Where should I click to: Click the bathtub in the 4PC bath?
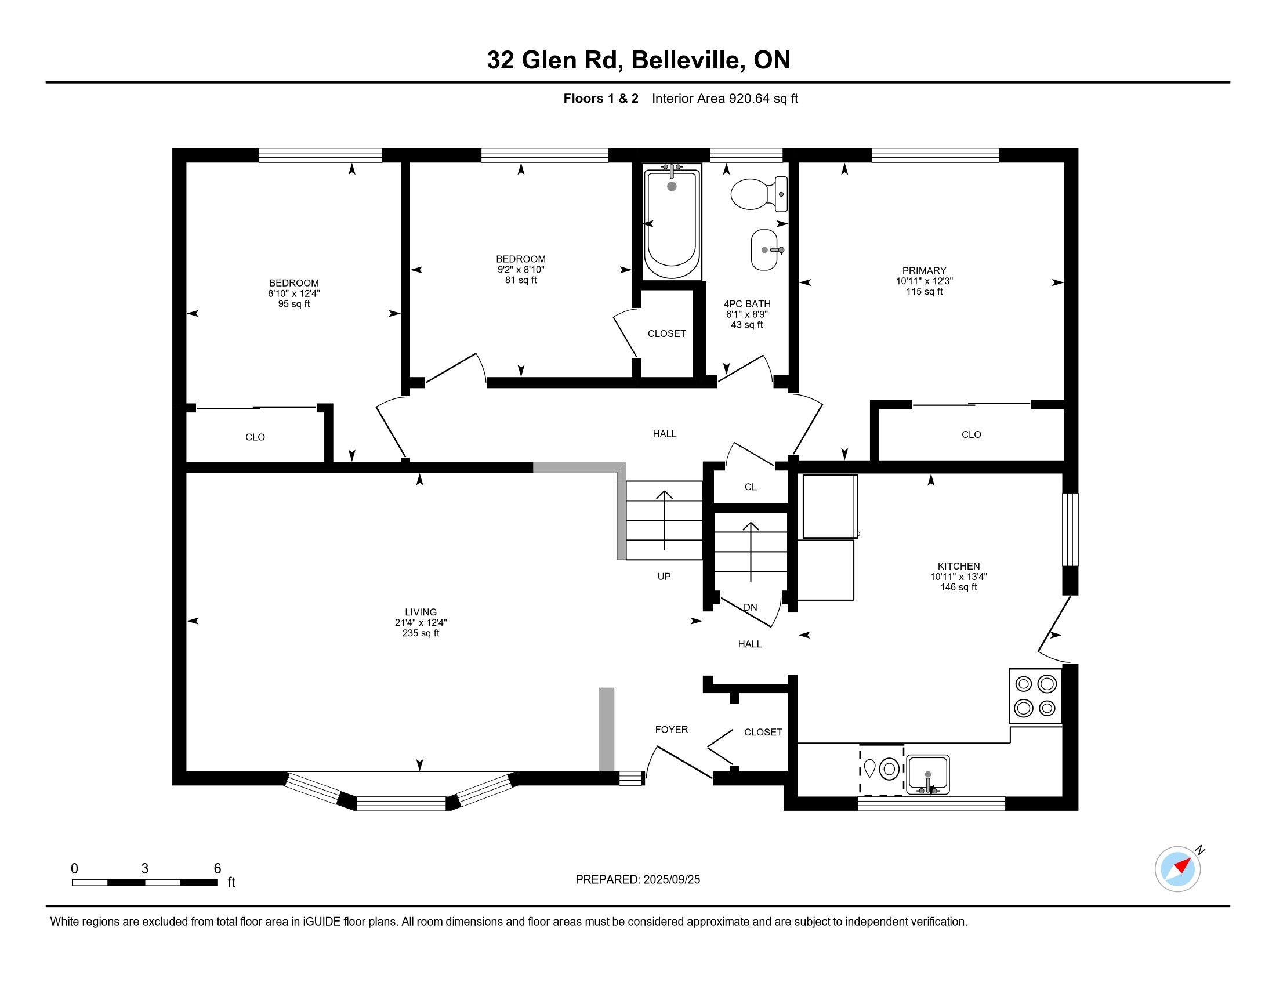(671, 223)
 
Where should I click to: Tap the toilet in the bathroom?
(759, 194)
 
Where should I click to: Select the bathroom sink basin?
(766, 249)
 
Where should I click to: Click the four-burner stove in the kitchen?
(1035, 695)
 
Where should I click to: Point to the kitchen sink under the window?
(927, 774)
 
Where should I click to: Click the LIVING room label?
(420, 612)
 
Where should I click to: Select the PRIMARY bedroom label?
(925, 270)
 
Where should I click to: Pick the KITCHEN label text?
(959, 566)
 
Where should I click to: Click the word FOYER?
(671, 730)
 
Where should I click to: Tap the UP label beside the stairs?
(664, 577)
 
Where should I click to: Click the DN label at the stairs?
(750, 607)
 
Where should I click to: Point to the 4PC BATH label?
(747, 304)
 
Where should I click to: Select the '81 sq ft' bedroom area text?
(521, 280)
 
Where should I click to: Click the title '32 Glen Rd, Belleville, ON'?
(639, 60)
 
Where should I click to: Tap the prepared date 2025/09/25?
(670, 880)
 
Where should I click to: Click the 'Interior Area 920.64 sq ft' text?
(725, 99)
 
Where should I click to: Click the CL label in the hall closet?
(751, 487)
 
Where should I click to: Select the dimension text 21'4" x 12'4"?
(420, 623)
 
